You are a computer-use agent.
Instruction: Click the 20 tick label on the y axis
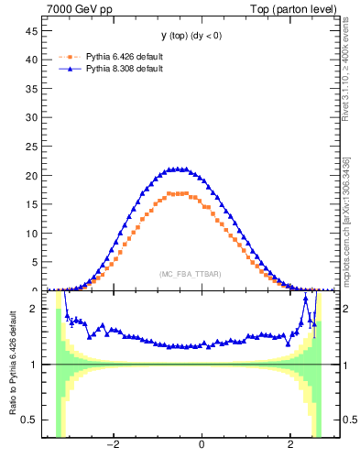click(35, 175)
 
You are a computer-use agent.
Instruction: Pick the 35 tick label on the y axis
click(35, 88)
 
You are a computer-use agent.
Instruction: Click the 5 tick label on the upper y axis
click(38, 262)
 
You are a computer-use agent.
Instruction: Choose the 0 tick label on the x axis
click(202, 448)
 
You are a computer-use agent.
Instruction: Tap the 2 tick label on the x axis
click(290, 448)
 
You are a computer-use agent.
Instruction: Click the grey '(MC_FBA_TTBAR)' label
click(191, 274)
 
